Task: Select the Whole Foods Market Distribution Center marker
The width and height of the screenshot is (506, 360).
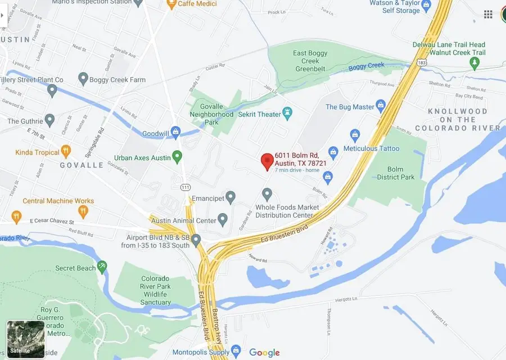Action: coord(267,194)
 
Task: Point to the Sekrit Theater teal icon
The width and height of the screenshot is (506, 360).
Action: coord(288,114)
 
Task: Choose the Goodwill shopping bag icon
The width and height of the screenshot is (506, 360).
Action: coord(175,133)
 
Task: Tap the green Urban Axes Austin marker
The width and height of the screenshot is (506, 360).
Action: coord(178,157)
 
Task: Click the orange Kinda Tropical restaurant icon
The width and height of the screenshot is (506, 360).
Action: coord(66,152)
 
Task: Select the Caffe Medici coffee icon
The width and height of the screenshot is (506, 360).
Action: coord(171,4)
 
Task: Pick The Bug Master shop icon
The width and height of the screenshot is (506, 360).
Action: coord(381,106)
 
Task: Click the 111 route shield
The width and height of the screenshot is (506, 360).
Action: coord(185,187)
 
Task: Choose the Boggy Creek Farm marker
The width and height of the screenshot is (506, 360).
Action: coord(83,79)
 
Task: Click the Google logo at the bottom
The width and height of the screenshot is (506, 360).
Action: coord(264,353)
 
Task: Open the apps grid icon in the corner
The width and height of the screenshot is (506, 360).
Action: coord(488,14)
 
